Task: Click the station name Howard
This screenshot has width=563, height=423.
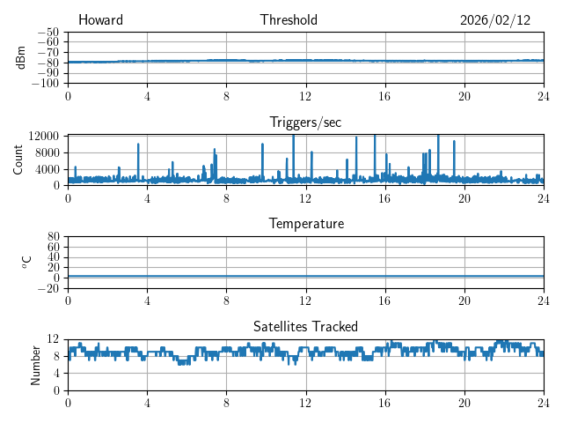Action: point(100,20)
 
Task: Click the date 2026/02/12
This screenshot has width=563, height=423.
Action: point(495,20)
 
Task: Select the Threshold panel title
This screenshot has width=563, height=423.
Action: point(289,20)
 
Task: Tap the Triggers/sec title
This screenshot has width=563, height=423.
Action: point(305,122)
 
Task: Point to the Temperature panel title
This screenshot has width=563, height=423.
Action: point(306,224)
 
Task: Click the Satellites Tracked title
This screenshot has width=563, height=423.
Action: point(305,326)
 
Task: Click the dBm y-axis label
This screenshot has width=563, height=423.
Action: point(22,57)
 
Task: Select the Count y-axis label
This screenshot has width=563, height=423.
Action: point(18,160)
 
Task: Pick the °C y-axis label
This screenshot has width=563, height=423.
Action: point(27,262)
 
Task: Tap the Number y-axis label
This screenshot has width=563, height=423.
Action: point(35,364)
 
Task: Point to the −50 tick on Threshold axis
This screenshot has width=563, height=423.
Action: point(49,32)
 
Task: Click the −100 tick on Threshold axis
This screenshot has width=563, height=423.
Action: point(47,84)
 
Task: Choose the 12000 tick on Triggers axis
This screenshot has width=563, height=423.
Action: point(43,137)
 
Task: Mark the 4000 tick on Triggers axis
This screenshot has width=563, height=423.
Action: point(47,169)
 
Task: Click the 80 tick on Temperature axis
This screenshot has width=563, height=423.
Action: point(53,237)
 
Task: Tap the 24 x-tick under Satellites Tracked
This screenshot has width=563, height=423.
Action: point(543,402)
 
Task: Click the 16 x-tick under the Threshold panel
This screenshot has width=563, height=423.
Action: point(385,95)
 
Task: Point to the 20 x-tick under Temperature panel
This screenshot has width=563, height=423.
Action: point(464,300)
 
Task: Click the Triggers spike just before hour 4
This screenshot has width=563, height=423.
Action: point(138,145)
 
